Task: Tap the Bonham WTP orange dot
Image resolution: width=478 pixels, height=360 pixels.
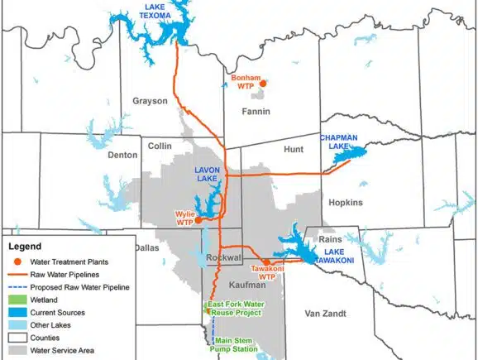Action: tap(263, 84)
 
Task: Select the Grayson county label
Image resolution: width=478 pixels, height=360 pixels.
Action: tap(150, 101)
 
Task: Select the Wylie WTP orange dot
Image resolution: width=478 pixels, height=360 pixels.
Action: tap(198, 221)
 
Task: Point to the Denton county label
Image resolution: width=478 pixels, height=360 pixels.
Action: tap(123, 155)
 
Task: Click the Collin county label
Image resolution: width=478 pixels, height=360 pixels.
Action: tap(159, 146)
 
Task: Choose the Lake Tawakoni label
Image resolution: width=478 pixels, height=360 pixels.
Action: tap(339, 256)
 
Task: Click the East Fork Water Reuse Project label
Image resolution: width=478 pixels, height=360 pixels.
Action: tap(236, 308)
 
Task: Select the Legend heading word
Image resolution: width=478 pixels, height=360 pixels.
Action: tap(25, 247)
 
